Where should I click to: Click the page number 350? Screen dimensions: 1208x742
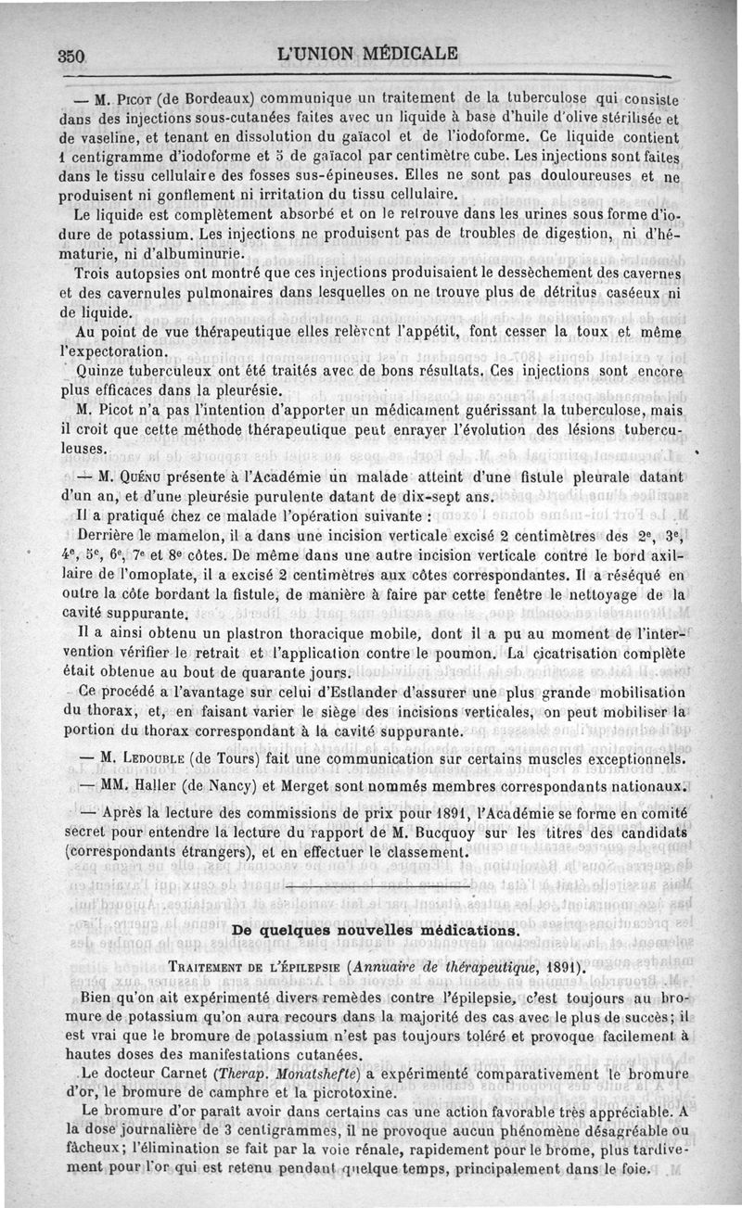coord(70,55)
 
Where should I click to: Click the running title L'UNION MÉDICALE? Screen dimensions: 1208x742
coord(368,53)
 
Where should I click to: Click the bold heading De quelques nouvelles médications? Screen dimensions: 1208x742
coord(375,929)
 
